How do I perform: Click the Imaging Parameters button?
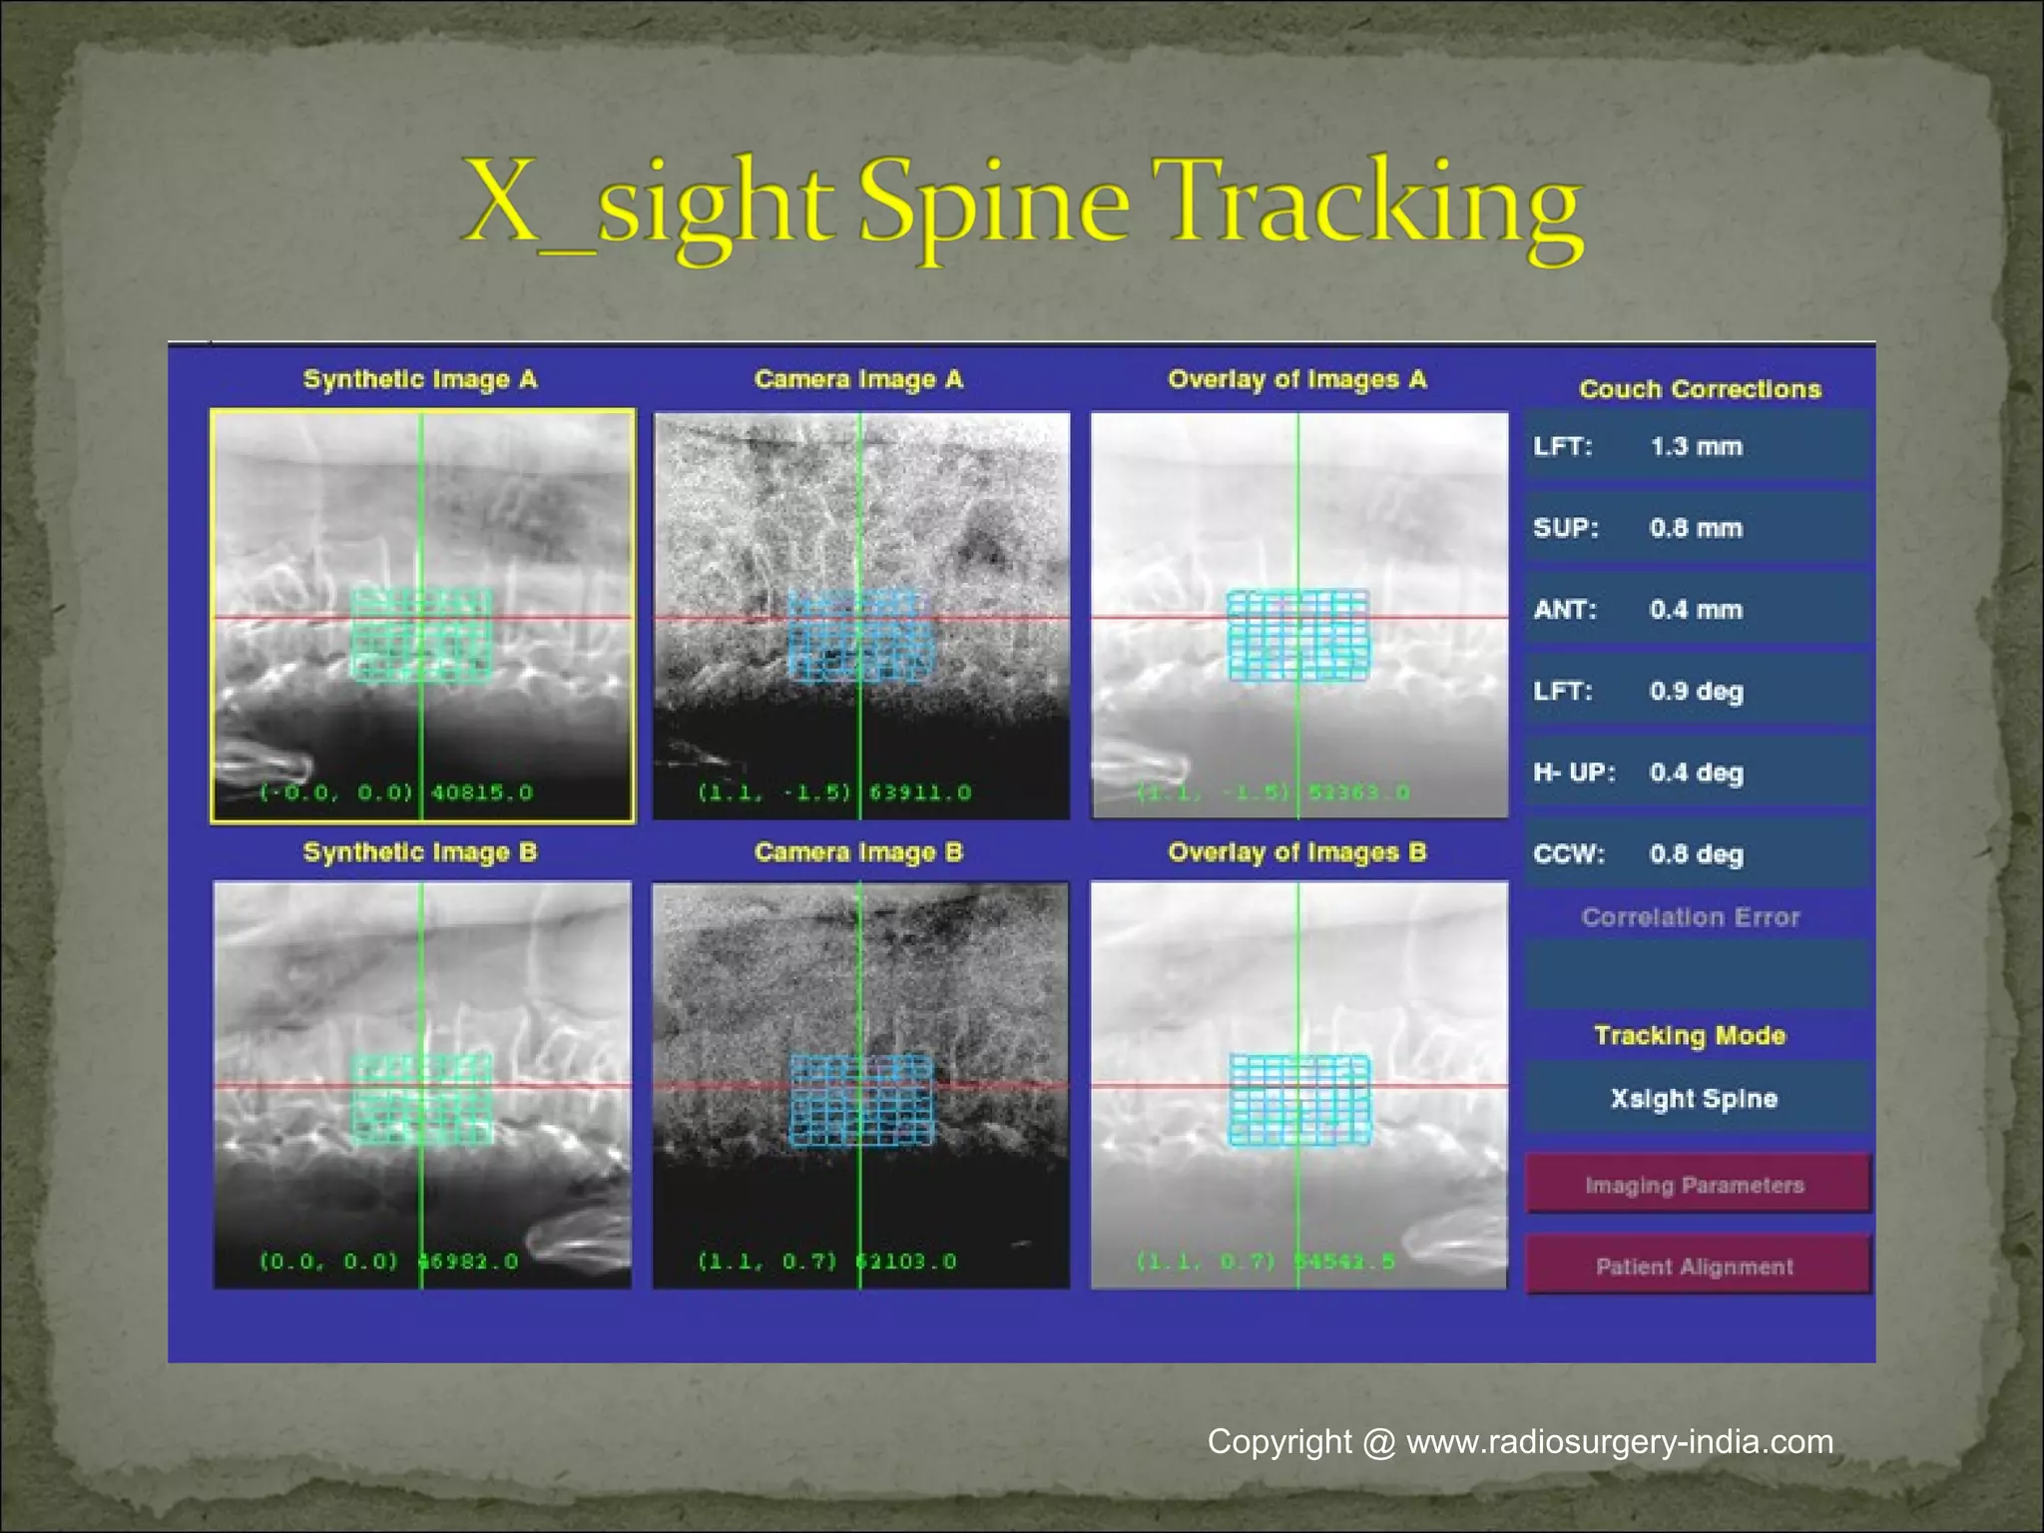point(1696,1185)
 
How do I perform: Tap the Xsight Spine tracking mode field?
point(1694,1098)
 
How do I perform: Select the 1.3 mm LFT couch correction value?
point(1696,446)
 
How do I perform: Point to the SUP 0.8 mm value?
point(1696,528)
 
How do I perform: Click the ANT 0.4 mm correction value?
point(1696,610)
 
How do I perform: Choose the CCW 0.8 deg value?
point(1696,854)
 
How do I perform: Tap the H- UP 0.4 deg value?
point(1696,772)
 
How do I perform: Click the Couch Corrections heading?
point(1700,389)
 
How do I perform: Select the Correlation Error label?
point(1691,917)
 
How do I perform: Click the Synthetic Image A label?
point(420,379)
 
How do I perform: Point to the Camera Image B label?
point(858,852)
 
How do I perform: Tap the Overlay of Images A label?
point(1297,379)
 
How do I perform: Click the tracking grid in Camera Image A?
point(860,636)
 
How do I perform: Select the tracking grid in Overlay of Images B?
point(1297,1100)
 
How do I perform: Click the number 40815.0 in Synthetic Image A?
point(482,792)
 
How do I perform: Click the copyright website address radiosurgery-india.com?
point(1619,1442)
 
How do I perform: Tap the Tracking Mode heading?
point(1690,1035)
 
